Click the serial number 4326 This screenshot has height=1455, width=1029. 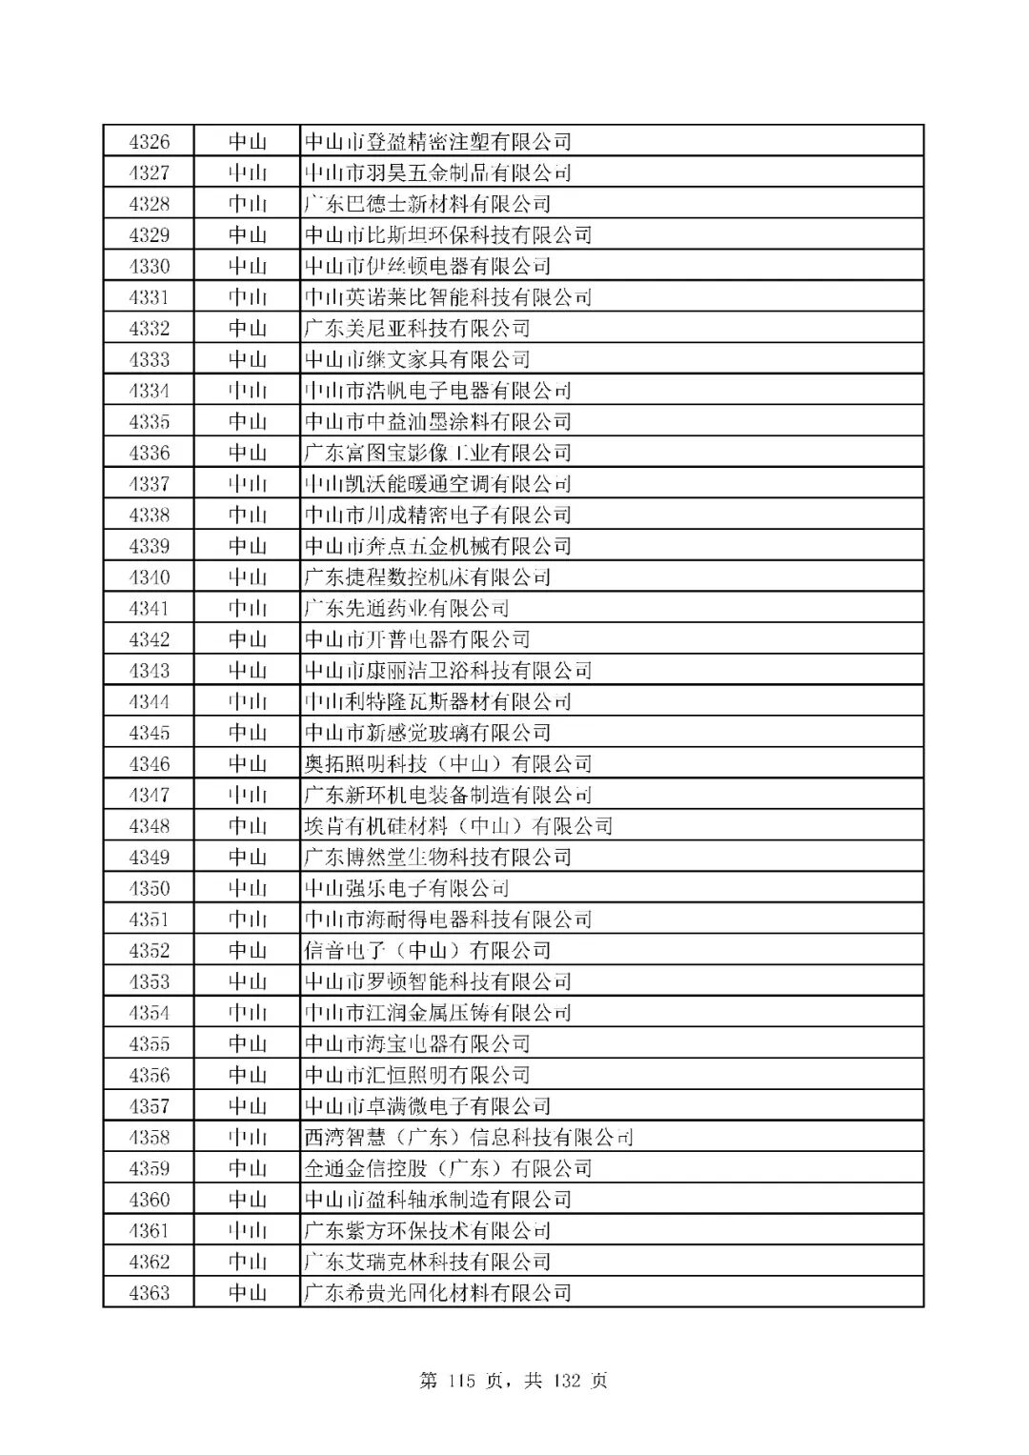coord(149,142)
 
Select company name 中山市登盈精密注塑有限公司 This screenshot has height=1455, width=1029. coord(437,142)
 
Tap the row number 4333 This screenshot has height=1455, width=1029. coord(149,359)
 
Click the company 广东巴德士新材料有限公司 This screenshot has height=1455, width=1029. coord(427,204)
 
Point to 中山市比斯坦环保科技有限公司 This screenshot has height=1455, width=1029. coord(448,235)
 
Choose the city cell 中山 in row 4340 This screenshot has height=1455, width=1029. coord(247,577)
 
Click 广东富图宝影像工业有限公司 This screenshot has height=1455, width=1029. coord(437,453)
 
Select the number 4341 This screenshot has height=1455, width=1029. coord(149,608)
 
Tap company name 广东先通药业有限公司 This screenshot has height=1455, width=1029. coord(406,608)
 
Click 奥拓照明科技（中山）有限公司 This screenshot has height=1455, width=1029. coord(448,764)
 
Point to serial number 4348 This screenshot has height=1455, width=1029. coord(149,826)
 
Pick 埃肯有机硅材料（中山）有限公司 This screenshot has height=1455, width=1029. coord(458,826)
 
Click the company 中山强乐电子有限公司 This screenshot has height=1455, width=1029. coord(406,888)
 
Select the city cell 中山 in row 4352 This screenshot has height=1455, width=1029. coord(247,950)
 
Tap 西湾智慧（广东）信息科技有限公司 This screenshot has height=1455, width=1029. coord(469,1137)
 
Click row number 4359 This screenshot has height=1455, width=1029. coord(149,1168)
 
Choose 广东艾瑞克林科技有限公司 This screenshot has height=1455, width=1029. coord(427,1262)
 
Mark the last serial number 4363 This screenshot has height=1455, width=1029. coord(149,1293)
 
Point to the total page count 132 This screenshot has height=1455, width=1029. coord(567,1380)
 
